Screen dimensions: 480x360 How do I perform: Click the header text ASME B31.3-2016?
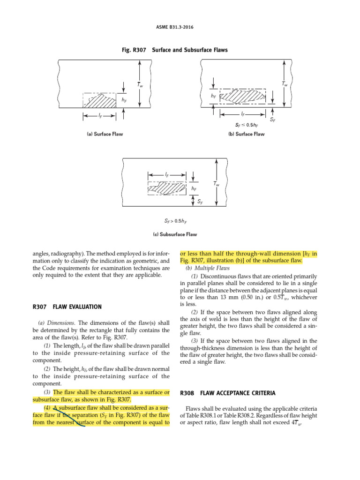pos(180,27)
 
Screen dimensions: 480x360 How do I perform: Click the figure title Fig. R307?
pos(180,49)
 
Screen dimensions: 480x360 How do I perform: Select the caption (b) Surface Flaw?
pos(246,134)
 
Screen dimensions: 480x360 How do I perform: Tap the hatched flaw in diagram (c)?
pos(167,189)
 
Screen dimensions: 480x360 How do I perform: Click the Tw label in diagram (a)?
pos(140,85)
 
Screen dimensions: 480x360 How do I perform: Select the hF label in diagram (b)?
pos(213,96)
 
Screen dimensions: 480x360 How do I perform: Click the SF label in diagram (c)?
pos(200,202)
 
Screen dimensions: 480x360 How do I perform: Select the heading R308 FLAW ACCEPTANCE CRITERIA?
pos(227,393)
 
